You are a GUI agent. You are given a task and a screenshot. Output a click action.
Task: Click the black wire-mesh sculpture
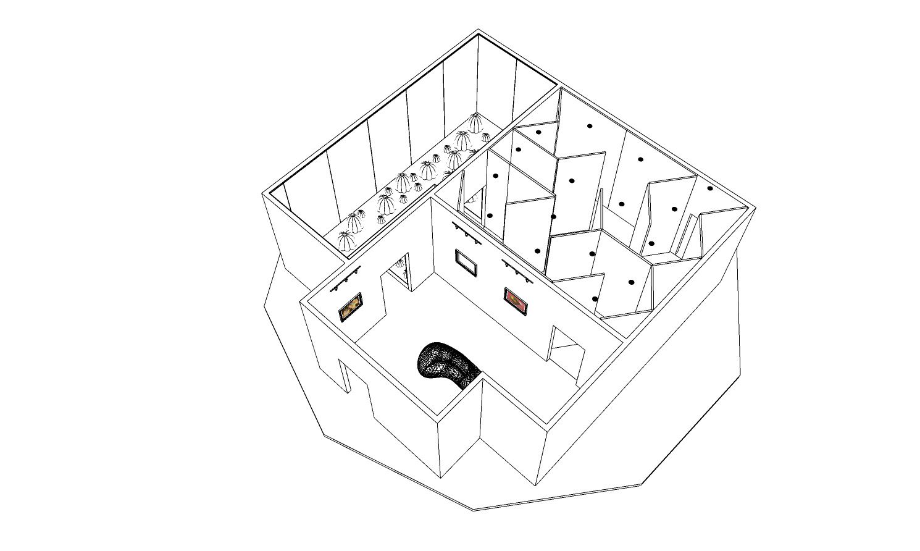(448, 364)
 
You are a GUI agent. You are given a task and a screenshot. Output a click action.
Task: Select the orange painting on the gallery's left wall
(350, 308)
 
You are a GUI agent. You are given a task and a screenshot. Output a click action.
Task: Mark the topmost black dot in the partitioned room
(590, 126)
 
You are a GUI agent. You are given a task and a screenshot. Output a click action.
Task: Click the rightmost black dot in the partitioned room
(710, 188)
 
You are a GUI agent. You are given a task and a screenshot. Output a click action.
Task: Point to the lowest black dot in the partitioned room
(595, 300)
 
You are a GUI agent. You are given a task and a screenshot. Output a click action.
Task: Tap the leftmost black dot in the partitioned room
(490, 216)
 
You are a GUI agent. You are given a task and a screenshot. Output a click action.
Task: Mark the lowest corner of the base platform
(474, 510)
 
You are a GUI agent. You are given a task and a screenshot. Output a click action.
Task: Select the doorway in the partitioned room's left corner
(472, 204)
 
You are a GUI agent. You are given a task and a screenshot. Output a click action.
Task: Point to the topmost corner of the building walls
(477, 29)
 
